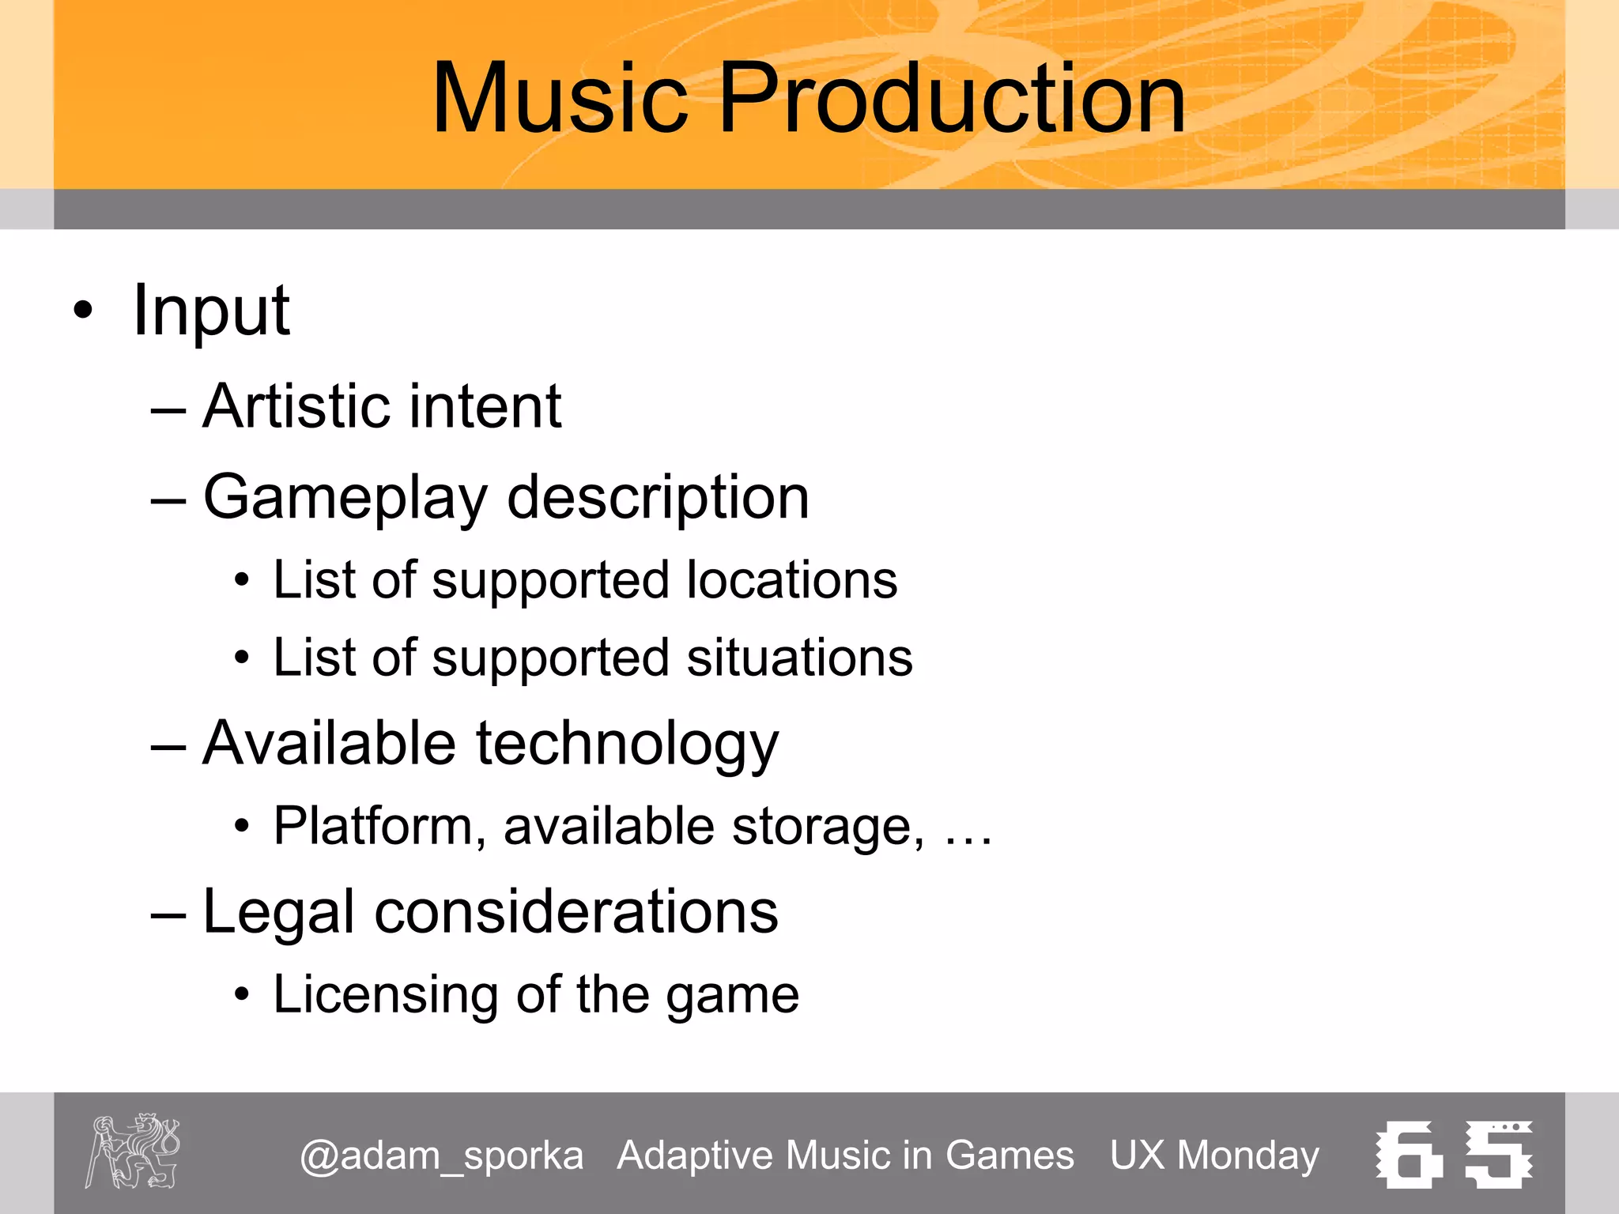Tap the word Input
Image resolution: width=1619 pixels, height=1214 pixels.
(x=211, y=311)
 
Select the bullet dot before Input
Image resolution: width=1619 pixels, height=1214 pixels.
(x=83, y=311)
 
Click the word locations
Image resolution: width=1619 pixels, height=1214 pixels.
(x=791, y=580)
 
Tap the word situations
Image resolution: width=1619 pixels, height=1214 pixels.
(x=799, y=658)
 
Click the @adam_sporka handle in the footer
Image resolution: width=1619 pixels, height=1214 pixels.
(x=441, y=1156)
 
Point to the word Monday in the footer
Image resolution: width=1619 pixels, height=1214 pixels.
(x=1248, y=1156)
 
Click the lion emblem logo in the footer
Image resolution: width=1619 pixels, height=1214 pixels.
(x=133, y=1151)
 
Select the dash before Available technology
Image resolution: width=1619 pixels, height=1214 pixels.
(x=168, y=747)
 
